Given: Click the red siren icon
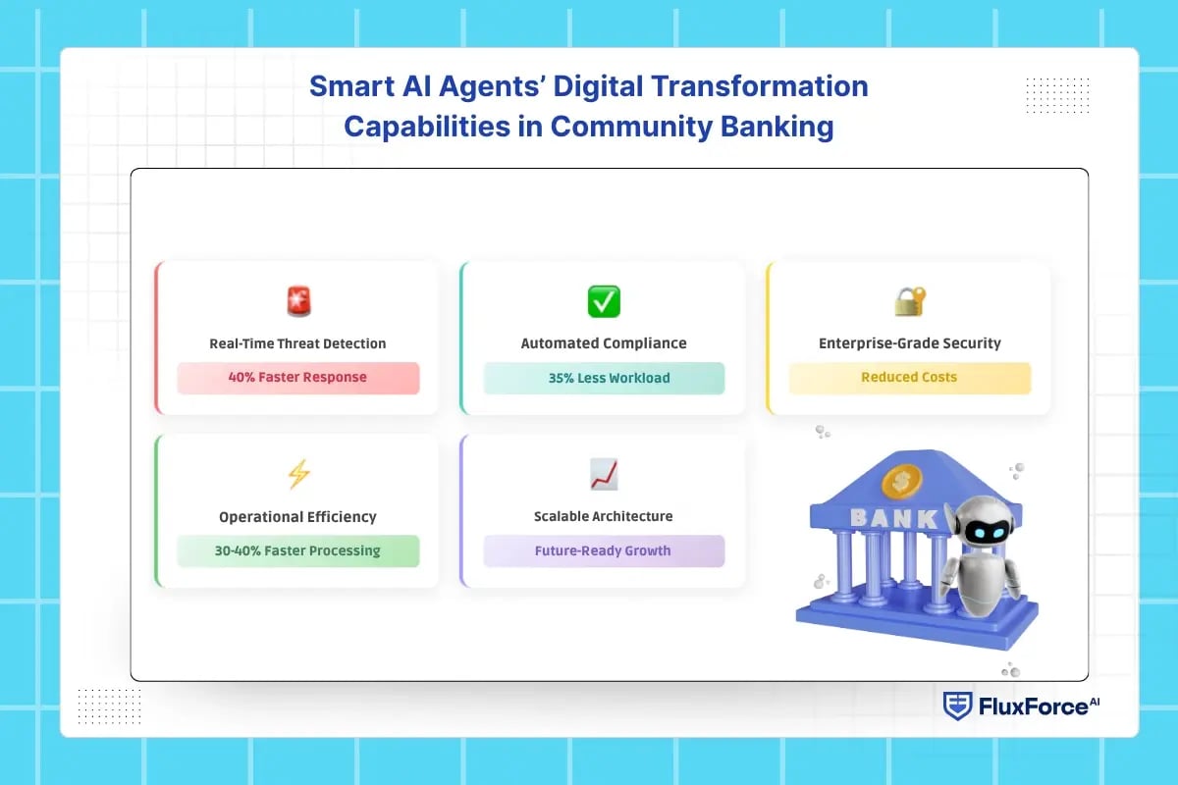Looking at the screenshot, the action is (298, 301).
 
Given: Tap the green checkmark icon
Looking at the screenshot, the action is (604, 301).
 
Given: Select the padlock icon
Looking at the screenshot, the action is (910, 301).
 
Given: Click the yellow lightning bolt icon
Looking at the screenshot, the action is (298, 474).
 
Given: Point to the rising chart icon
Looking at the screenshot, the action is (604, 474).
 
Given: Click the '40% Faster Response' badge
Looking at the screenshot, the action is (298, 378).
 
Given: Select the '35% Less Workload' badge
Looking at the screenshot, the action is (604, 378).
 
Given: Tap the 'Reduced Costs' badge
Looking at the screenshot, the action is (910, 378).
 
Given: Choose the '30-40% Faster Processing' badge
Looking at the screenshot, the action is (298, 551).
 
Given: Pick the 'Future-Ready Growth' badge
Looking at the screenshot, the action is (604, 551).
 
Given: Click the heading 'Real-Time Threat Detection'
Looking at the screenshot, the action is (297, 343).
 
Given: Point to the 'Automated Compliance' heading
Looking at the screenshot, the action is (604, 343).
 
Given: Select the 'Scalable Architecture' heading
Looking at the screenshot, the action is (603, 516).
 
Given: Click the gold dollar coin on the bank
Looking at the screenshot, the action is (901, 482).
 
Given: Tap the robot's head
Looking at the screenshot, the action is (983, 524).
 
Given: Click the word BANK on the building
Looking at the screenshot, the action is (894, 518).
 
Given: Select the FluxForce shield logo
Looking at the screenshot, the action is (957, 706).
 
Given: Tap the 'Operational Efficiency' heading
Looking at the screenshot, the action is (297, 517).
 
